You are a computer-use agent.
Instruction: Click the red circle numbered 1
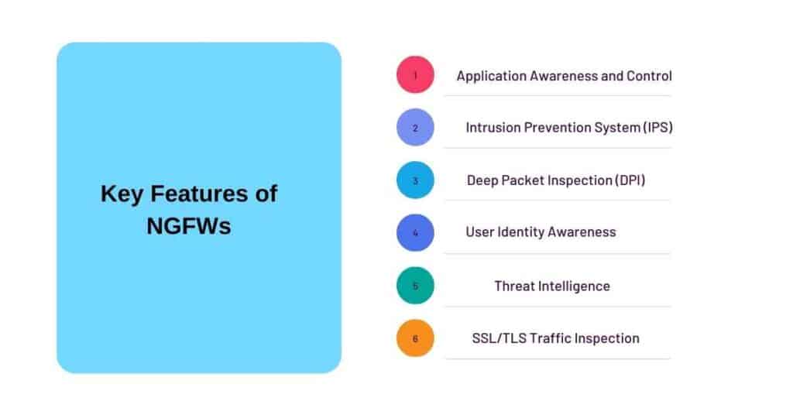pyautogui.click(x=415, y=75)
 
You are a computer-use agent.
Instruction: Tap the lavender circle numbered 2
pyautogui.click(x=415, y=128)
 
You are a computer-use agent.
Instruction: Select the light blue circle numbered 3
pyautogui.click(x=415, y=180)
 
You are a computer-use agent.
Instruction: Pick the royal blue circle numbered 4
pyautogui.click(x=415, y=232)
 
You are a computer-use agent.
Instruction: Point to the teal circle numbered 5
pyautogui.click(x=415, y=286)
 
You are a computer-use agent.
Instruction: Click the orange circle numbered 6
pyautogui.click(x=415, y=338)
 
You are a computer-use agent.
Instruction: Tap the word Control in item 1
pyautogui.click(x=650, y=76)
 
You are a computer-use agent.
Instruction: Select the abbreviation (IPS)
pyautogui.click(x=657, y=128)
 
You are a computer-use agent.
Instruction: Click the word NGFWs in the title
pyautogui.click(x=188, y=227)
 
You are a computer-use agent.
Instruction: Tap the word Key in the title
pyautogui.click(x=120, y=194)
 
